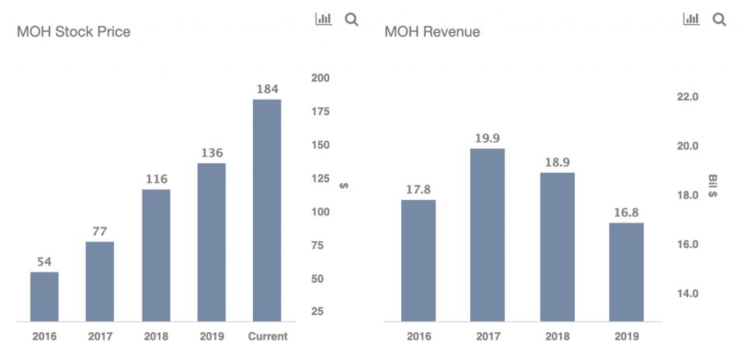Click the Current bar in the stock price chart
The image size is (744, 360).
pos(267,209)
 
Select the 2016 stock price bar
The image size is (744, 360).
pos(44,296)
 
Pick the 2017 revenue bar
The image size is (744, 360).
pos(487,234)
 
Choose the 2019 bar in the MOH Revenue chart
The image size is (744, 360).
pos(626,272)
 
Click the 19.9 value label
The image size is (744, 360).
pos(487,139)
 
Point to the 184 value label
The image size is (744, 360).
pos(267,90)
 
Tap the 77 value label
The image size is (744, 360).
pos(99,231)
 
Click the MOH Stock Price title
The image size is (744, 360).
pos(74,32)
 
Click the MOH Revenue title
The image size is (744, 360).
pos(432,32)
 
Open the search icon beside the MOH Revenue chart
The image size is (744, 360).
pos(719,19)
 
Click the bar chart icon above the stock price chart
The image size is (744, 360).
pos(324,19)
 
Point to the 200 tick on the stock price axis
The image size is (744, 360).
pos(320,78)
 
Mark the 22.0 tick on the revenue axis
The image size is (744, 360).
pos(687,97)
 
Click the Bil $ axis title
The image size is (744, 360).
pos(713,185)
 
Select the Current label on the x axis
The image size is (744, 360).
pos(267,337)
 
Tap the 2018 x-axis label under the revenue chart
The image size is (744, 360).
pos(557,337)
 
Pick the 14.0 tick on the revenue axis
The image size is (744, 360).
pos(687,294)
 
